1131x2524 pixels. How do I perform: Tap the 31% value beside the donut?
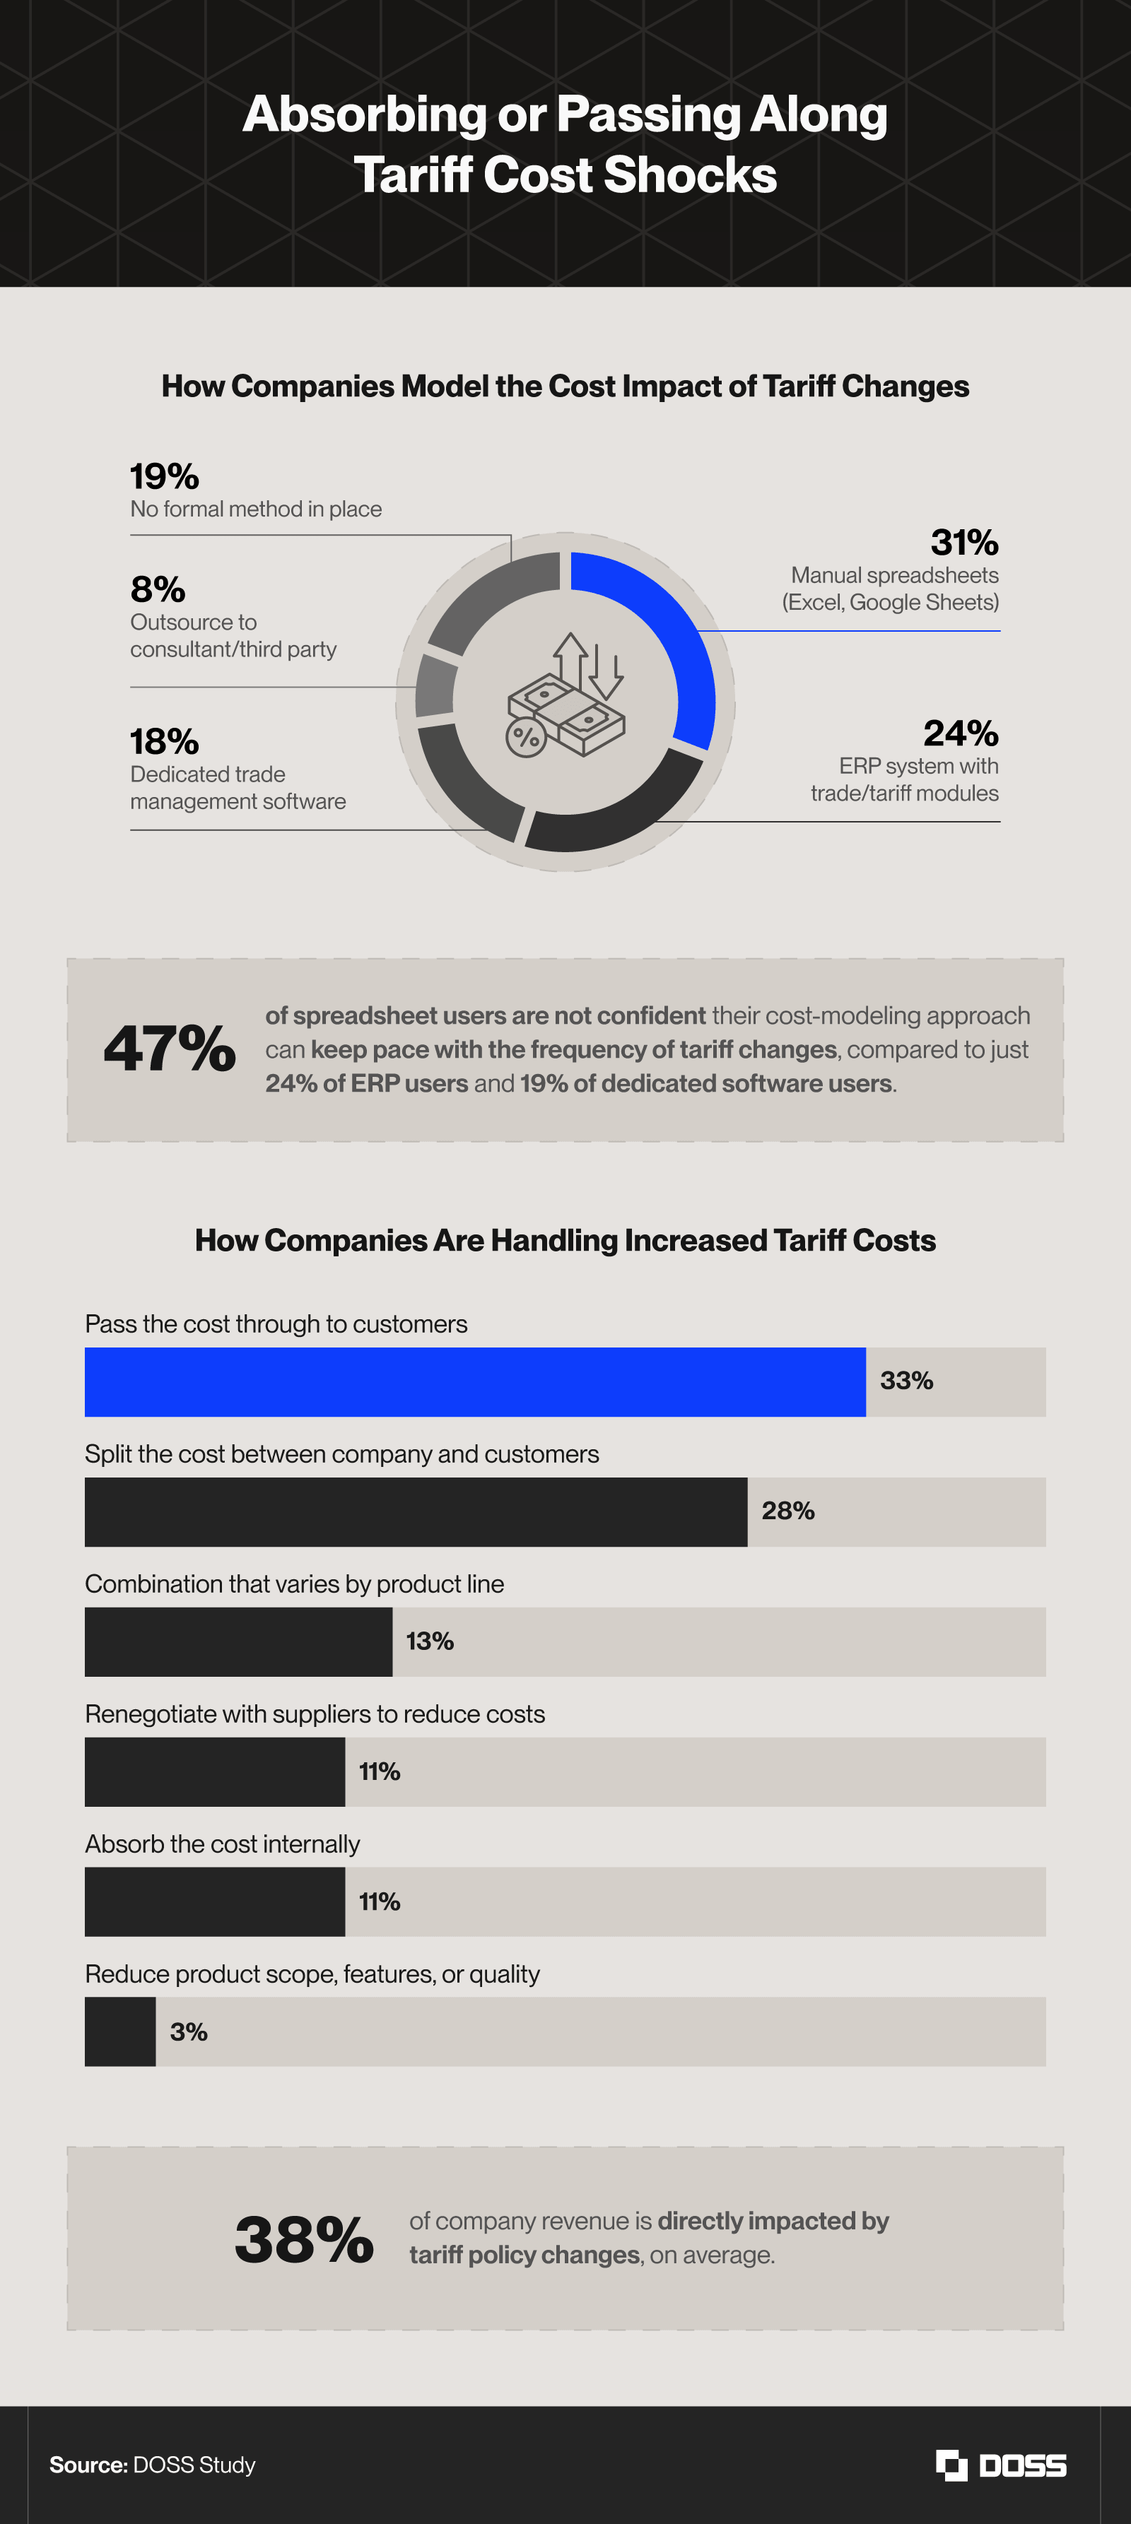pos(963,542)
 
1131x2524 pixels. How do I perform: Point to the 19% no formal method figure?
pos(165,476)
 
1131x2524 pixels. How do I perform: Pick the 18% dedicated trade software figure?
pos(165,742)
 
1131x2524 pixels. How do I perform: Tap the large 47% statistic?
pos(170,1049)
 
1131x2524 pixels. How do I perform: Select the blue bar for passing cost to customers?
pos(474,1381)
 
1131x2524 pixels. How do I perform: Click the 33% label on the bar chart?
pos(906,1381)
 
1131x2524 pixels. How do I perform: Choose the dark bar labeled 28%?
pos(416,1512)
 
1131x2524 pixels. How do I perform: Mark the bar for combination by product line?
pos(238,1641)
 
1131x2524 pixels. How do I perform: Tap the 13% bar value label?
pos(429,1641)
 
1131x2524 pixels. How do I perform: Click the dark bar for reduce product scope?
pos(119,2031)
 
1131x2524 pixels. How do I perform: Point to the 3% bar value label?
pos(188,2032)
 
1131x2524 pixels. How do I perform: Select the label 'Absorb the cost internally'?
pos(223,1844)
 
